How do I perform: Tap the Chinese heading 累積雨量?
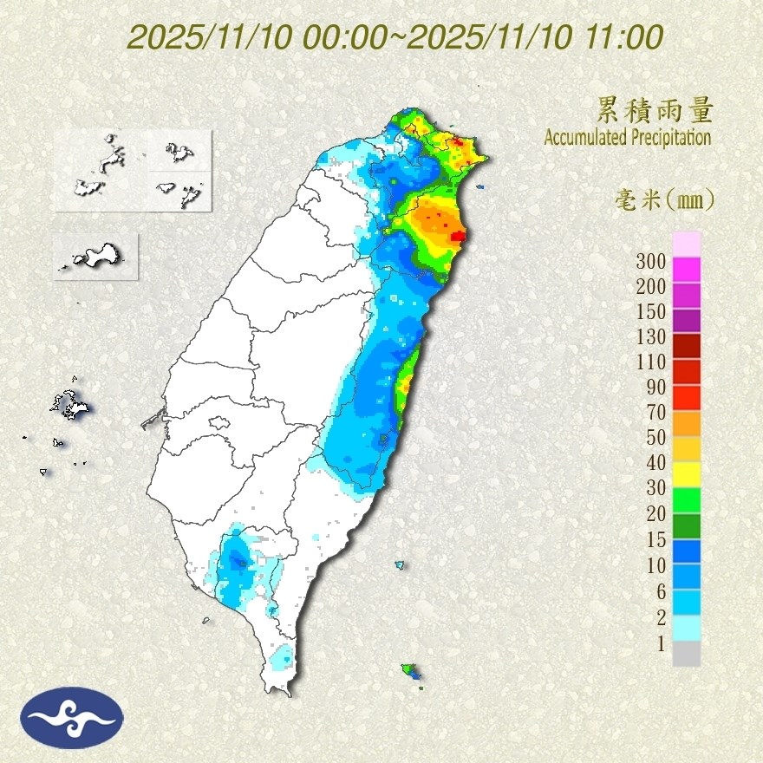655,110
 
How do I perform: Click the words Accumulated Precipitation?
628,137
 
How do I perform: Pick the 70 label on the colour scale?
655,412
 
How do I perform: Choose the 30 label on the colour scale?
655,488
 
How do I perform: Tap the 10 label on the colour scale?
655,565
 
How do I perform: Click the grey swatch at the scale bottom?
687,653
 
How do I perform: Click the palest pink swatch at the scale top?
687,244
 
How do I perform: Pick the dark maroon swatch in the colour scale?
687,346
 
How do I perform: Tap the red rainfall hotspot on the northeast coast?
458,235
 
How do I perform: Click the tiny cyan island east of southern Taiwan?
400,564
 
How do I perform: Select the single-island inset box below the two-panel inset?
96,256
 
